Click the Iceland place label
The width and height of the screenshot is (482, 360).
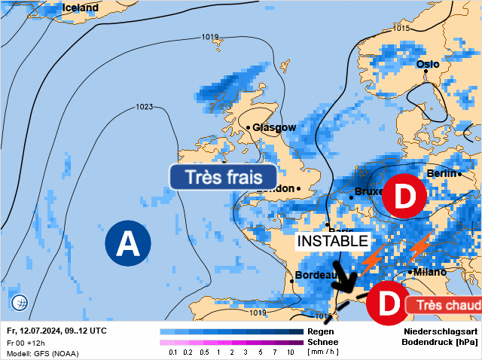click(x=81, y=8)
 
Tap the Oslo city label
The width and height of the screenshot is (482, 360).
click(x=427, y=64)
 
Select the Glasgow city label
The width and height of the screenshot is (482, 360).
click(x=274, y=127)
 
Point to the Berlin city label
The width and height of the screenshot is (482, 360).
click(x=442, y=173)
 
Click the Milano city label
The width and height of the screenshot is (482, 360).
click(x=429, y=272)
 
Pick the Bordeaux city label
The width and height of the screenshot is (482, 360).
click(x=315, y=276)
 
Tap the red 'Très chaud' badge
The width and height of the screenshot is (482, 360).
click(x=444, y=305)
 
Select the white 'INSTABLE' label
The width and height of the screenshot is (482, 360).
click(x=332, y=241)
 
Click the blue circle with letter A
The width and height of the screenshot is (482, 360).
click(x=127, y=243)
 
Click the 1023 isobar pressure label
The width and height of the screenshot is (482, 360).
click(x=145, y=107)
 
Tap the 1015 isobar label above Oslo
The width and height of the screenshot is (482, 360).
click(x=401, y=28)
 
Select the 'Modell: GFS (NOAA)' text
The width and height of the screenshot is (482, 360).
click(x=43, y=352)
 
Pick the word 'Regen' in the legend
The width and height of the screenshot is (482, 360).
click(x=321, y=331)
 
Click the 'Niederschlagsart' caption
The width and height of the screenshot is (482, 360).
click(x=441, y=331)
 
